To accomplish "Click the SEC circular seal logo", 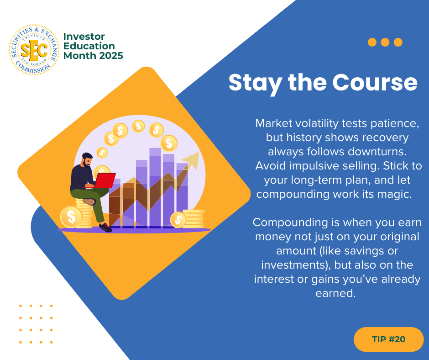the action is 34,50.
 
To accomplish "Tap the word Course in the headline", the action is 375,82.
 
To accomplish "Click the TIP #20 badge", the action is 388,339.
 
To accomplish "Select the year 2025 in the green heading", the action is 111,56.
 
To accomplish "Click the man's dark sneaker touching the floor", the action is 105,228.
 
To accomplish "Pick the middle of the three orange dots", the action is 385,42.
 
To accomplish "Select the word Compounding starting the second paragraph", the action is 290,222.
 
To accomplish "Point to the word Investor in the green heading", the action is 84,37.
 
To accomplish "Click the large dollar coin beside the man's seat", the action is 71,217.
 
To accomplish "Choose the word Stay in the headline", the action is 256,83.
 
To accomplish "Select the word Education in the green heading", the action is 89,46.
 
